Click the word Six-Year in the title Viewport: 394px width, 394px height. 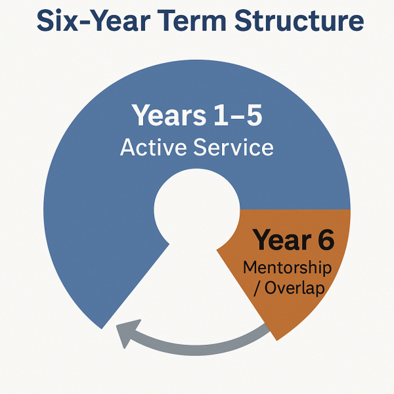point(93,21)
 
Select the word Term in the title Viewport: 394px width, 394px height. point(192,21)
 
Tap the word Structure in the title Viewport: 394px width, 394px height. point(299,21)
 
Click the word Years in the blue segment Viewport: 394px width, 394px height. point(169,116)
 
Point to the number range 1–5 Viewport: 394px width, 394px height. point(238,116)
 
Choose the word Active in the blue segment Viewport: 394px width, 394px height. point(153,147)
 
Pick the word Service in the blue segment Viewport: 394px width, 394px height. point(233,147)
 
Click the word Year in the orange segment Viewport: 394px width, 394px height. point(282,239)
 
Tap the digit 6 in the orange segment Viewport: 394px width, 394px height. point(326,240)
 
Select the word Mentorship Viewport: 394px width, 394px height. point(287,267)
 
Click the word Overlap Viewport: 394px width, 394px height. point(294,288)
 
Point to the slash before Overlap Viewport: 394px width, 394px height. point(257,288)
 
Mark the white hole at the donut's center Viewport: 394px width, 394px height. point(196,209)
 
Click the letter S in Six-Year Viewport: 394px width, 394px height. point(46,21)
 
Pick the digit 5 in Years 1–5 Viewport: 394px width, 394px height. point(253,116)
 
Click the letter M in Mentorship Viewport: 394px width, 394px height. point(250,267)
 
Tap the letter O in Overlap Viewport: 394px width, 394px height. point(271,288)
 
